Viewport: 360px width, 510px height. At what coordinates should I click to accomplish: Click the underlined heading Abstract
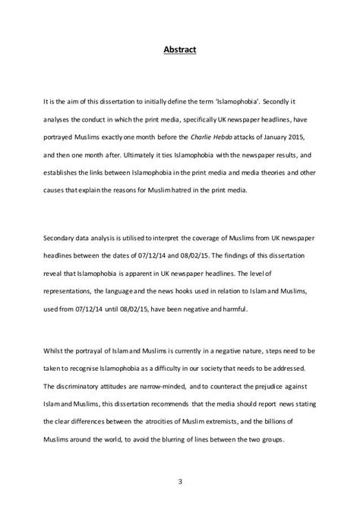179,51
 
